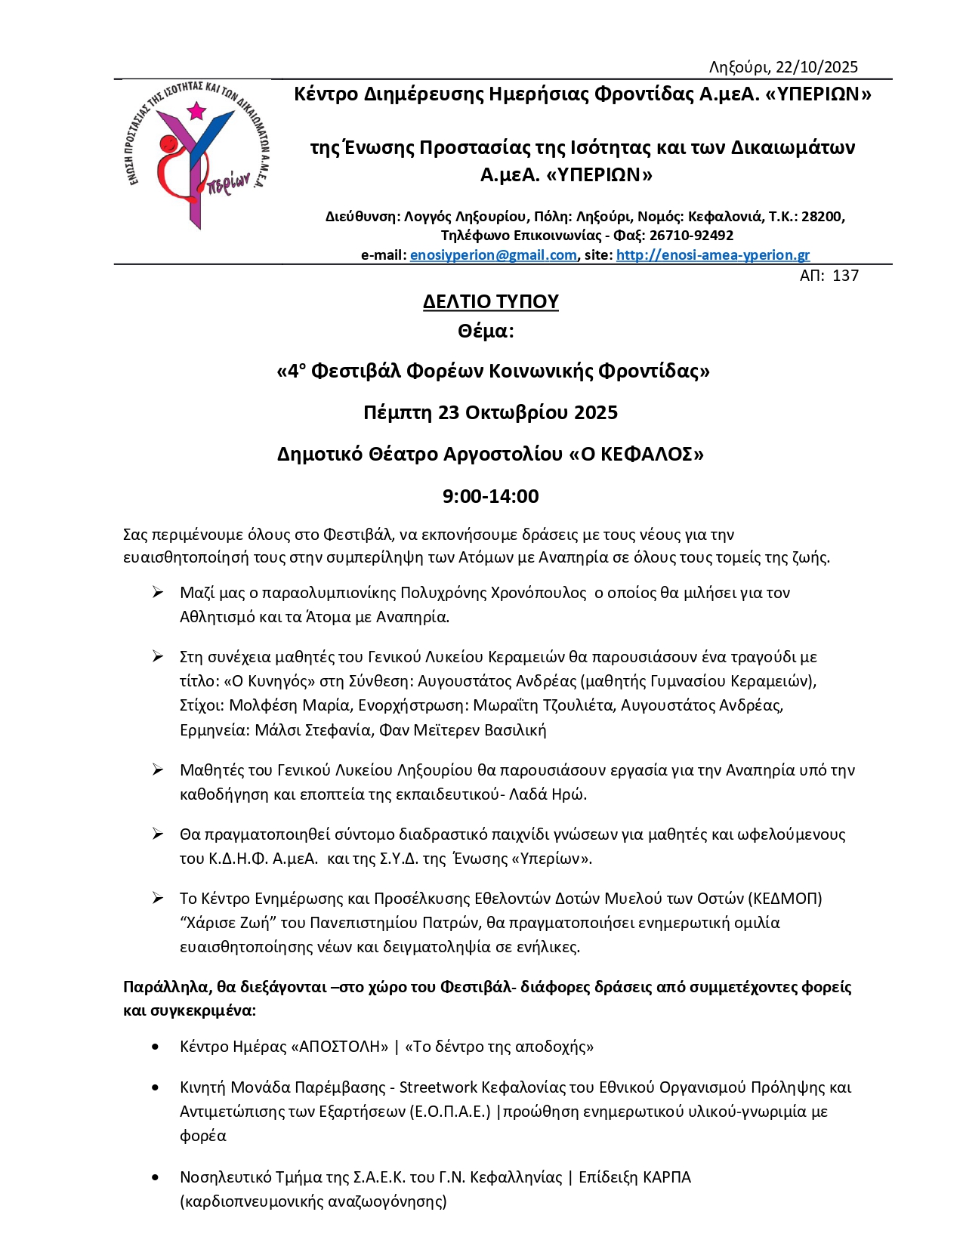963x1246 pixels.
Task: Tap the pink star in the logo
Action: click(x=196, y=111)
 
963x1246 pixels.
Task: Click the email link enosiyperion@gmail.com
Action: click(x=493, y=255)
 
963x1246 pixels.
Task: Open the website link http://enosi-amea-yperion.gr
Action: click(x=712, y=255)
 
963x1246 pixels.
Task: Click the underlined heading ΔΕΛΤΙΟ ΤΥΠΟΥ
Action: click(x=490, y=301)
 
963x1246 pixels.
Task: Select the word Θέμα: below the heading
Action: click(x=485, y=331)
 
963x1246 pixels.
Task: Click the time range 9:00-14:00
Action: click(x=490, y=496)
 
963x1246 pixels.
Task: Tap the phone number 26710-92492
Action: click(x=691, y=236)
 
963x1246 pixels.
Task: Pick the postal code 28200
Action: click(x=822, y=217)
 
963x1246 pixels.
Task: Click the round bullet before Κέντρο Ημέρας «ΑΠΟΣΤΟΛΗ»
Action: click(x=156, y=1047)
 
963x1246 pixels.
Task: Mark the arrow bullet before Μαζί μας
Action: click(x=157, y=593)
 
